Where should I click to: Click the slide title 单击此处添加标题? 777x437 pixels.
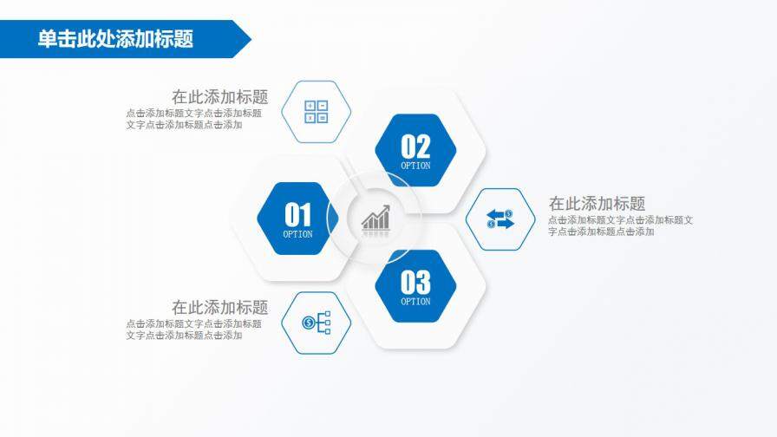click(115, 39)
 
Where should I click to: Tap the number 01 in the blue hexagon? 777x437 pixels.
click(297, 213)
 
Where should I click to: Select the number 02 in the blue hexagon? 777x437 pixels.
click(415, 146)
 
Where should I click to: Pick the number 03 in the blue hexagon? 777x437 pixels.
click(415, 282)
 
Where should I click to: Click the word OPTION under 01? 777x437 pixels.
click(297, 234)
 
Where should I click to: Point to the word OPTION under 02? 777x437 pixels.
click(415, 166)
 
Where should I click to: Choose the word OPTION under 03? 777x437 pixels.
click(415, 302)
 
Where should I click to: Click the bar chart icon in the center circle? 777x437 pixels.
click(375, 218)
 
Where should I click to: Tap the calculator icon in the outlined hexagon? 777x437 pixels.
click(316, 112)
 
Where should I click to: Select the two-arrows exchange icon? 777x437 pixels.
click(499, 219)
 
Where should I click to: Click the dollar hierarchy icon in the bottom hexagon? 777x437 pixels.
click(317, 323)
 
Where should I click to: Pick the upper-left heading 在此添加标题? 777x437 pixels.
click(219, 97)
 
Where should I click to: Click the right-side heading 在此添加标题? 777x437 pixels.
click(597, 204)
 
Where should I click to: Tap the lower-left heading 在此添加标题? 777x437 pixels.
click(219, 307)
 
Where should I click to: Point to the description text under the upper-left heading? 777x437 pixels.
click(193, 119)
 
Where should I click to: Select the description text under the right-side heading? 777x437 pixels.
click(620, 225)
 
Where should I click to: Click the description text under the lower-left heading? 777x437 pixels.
click(193, 329)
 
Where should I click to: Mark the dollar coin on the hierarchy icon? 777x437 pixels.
click(309, 323)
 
